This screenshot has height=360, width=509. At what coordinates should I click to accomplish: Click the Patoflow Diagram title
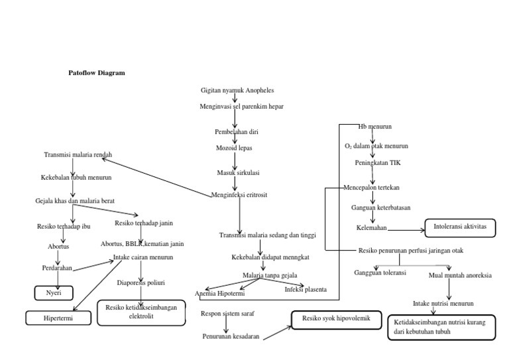(x=97, y=73)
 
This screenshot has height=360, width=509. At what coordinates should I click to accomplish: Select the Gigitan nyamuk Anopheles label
(x=237, y=90)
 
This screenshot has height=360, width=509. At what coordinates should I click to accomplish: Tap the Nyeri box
(x=53, y=292)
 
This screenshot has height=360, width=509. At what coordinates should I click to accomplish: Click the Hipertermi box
(x=58, y=318)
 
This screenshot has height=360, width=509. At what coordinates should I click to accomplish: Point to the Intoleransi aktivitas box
(x=459, y=227)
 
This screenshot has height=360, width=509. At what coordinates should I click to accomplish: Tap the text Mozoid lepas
(x=233, y=148)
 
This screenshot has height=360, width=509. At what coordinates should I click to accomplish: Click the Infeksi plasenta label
(x=306, y=290)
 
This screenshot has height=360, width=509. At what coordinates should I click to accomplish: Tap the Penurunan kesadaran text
(x=231, y=337)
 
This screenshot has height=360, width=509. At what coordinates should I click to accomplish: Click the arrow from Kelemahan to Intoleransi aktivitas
(x=406, y=231)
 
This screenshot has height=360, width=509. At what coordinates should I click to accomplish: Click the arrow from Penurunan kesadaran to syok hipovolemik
(x=277, y=332)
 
